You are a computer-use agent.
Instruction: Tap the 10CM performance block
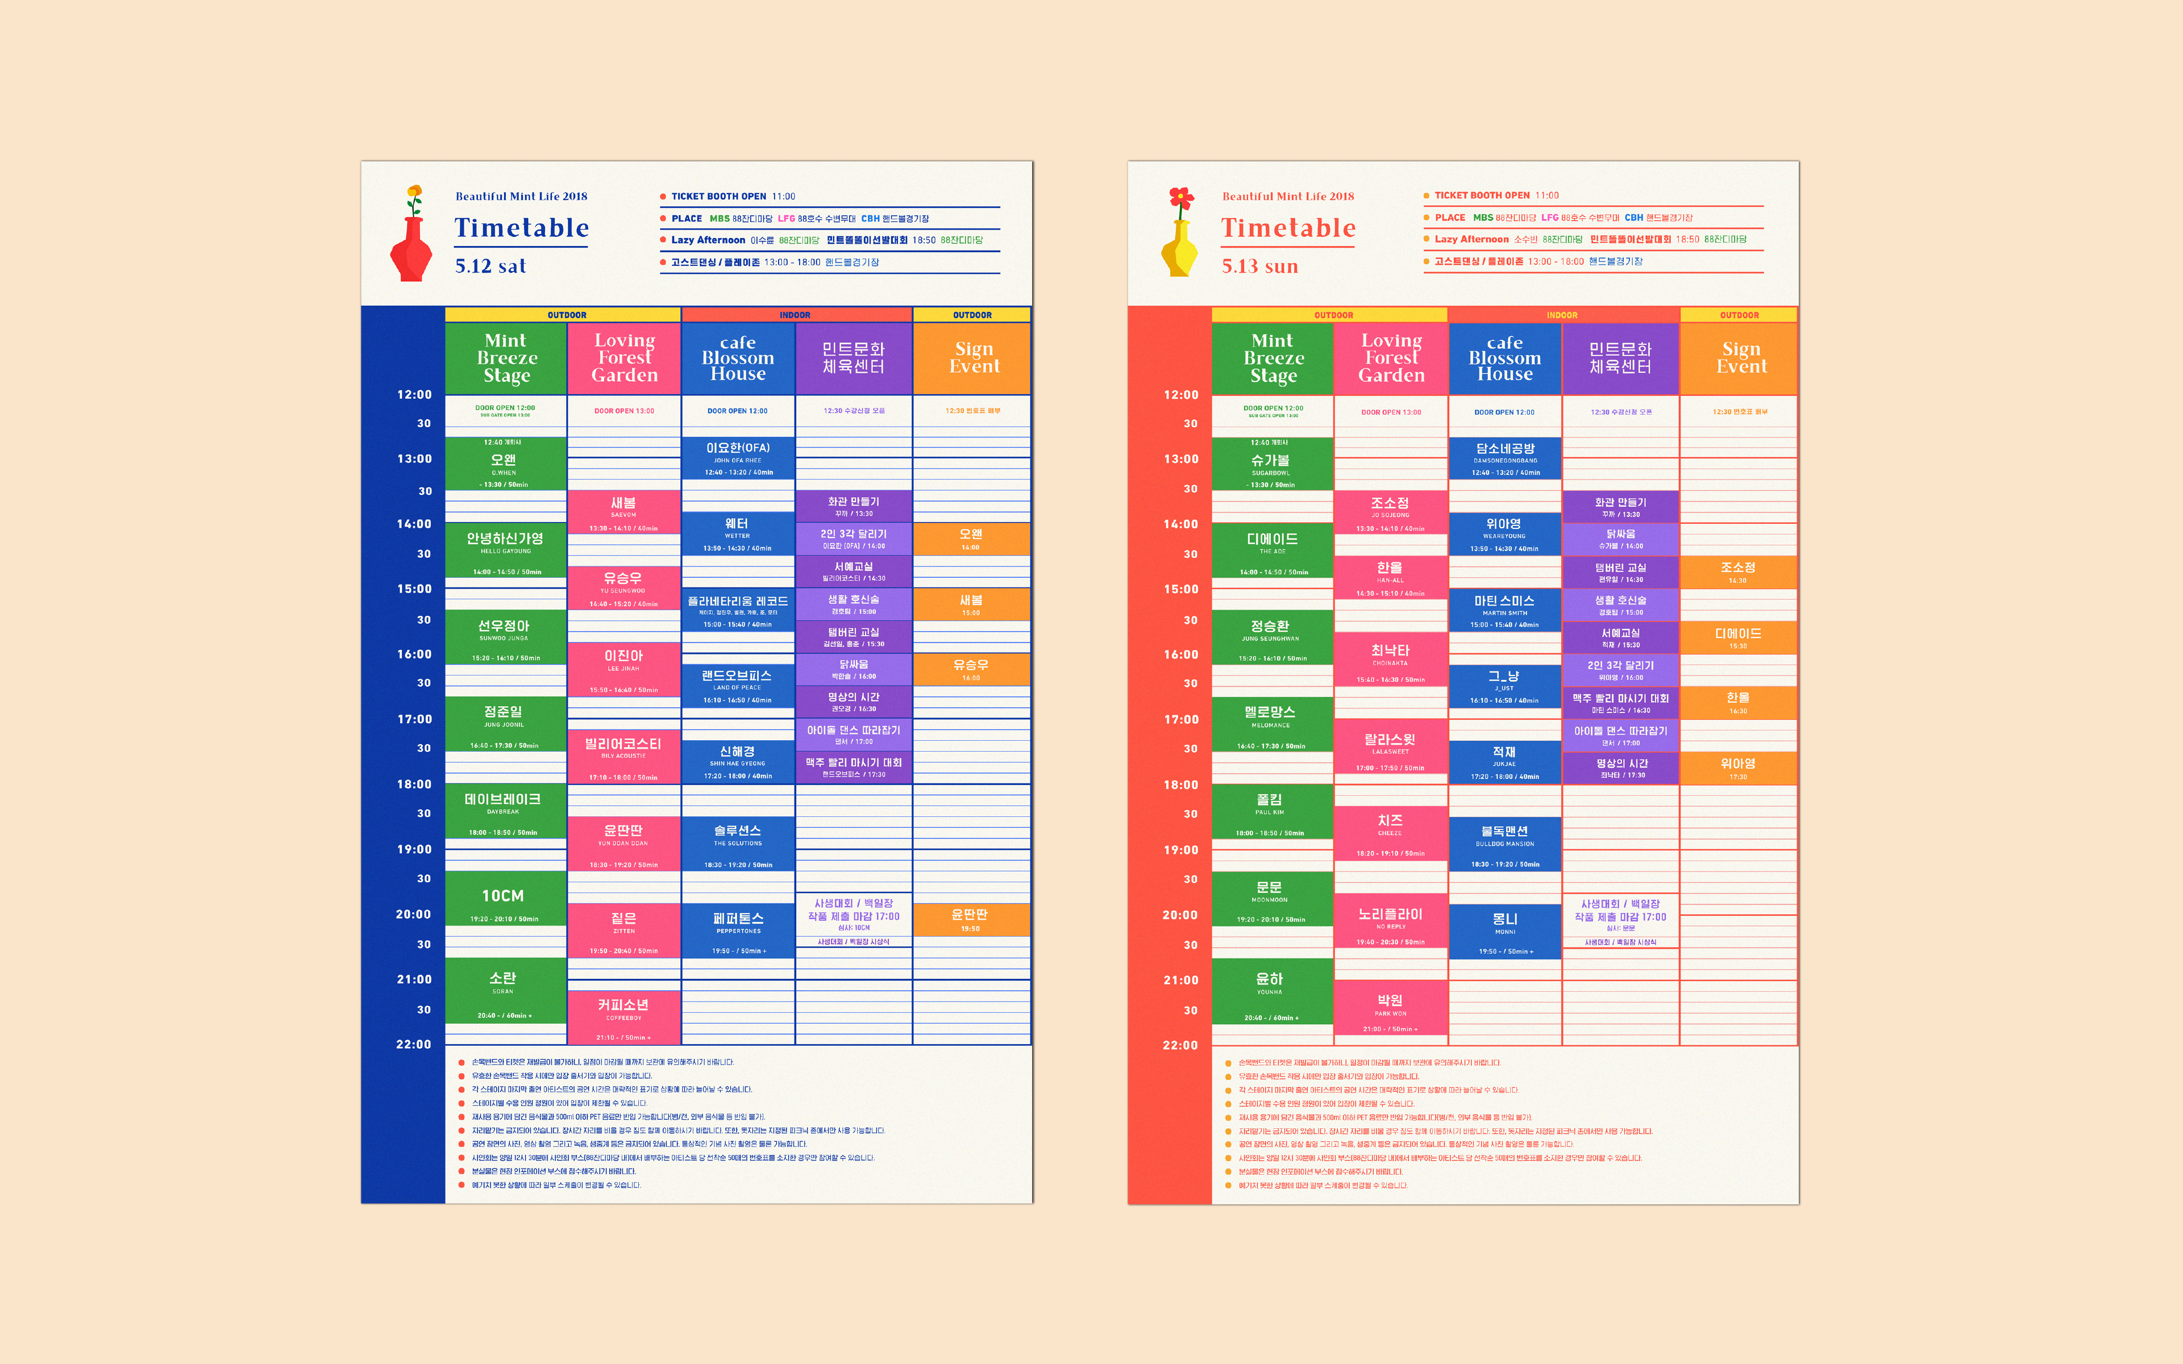[504, 902]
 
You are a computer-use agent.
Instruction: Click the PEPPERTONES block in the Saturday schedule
[738, 929]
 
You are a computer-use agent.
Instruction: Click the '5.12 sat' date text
[490, 266]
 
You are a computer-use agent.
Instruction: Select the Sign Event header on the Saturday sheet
[973, 357]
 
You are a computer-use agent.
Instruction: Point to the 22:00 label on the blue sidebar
[413, 1044]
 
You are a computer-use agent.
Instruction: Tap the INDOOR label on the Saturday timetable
[795, 315]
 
